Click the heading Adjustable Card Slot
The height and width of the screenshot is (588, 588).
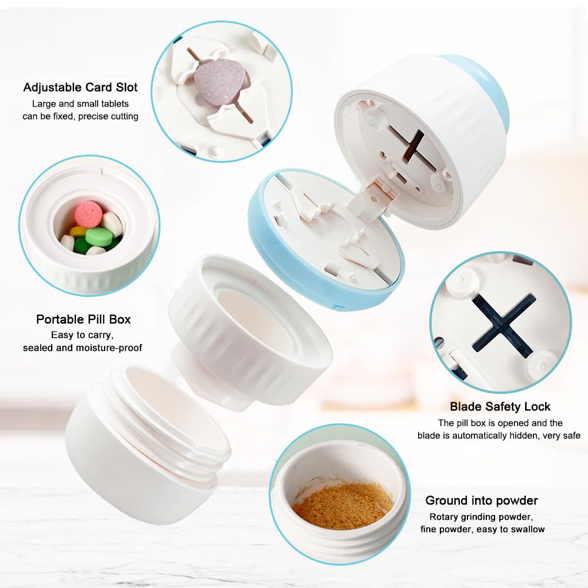click(x=80, y=88)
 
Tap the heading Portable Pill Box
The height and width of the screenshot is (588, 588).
click(x=83, y=319)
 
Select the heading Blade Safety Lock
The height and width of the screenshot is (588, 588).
click(x=500, y=406)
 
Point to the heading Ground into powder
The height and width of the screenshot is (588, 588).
click(x=482, y=500)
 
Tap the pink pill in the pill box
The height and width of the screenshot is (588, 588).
click(x=88, y=215)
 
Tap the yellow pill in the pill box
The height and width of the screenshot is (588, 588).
click(x=78, y=231)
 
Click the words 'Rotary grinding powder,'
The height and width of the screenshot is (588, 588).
click(x=481, y=517)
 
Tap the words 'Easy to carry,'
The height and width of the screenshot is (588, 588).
click(x=82, y=335)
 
